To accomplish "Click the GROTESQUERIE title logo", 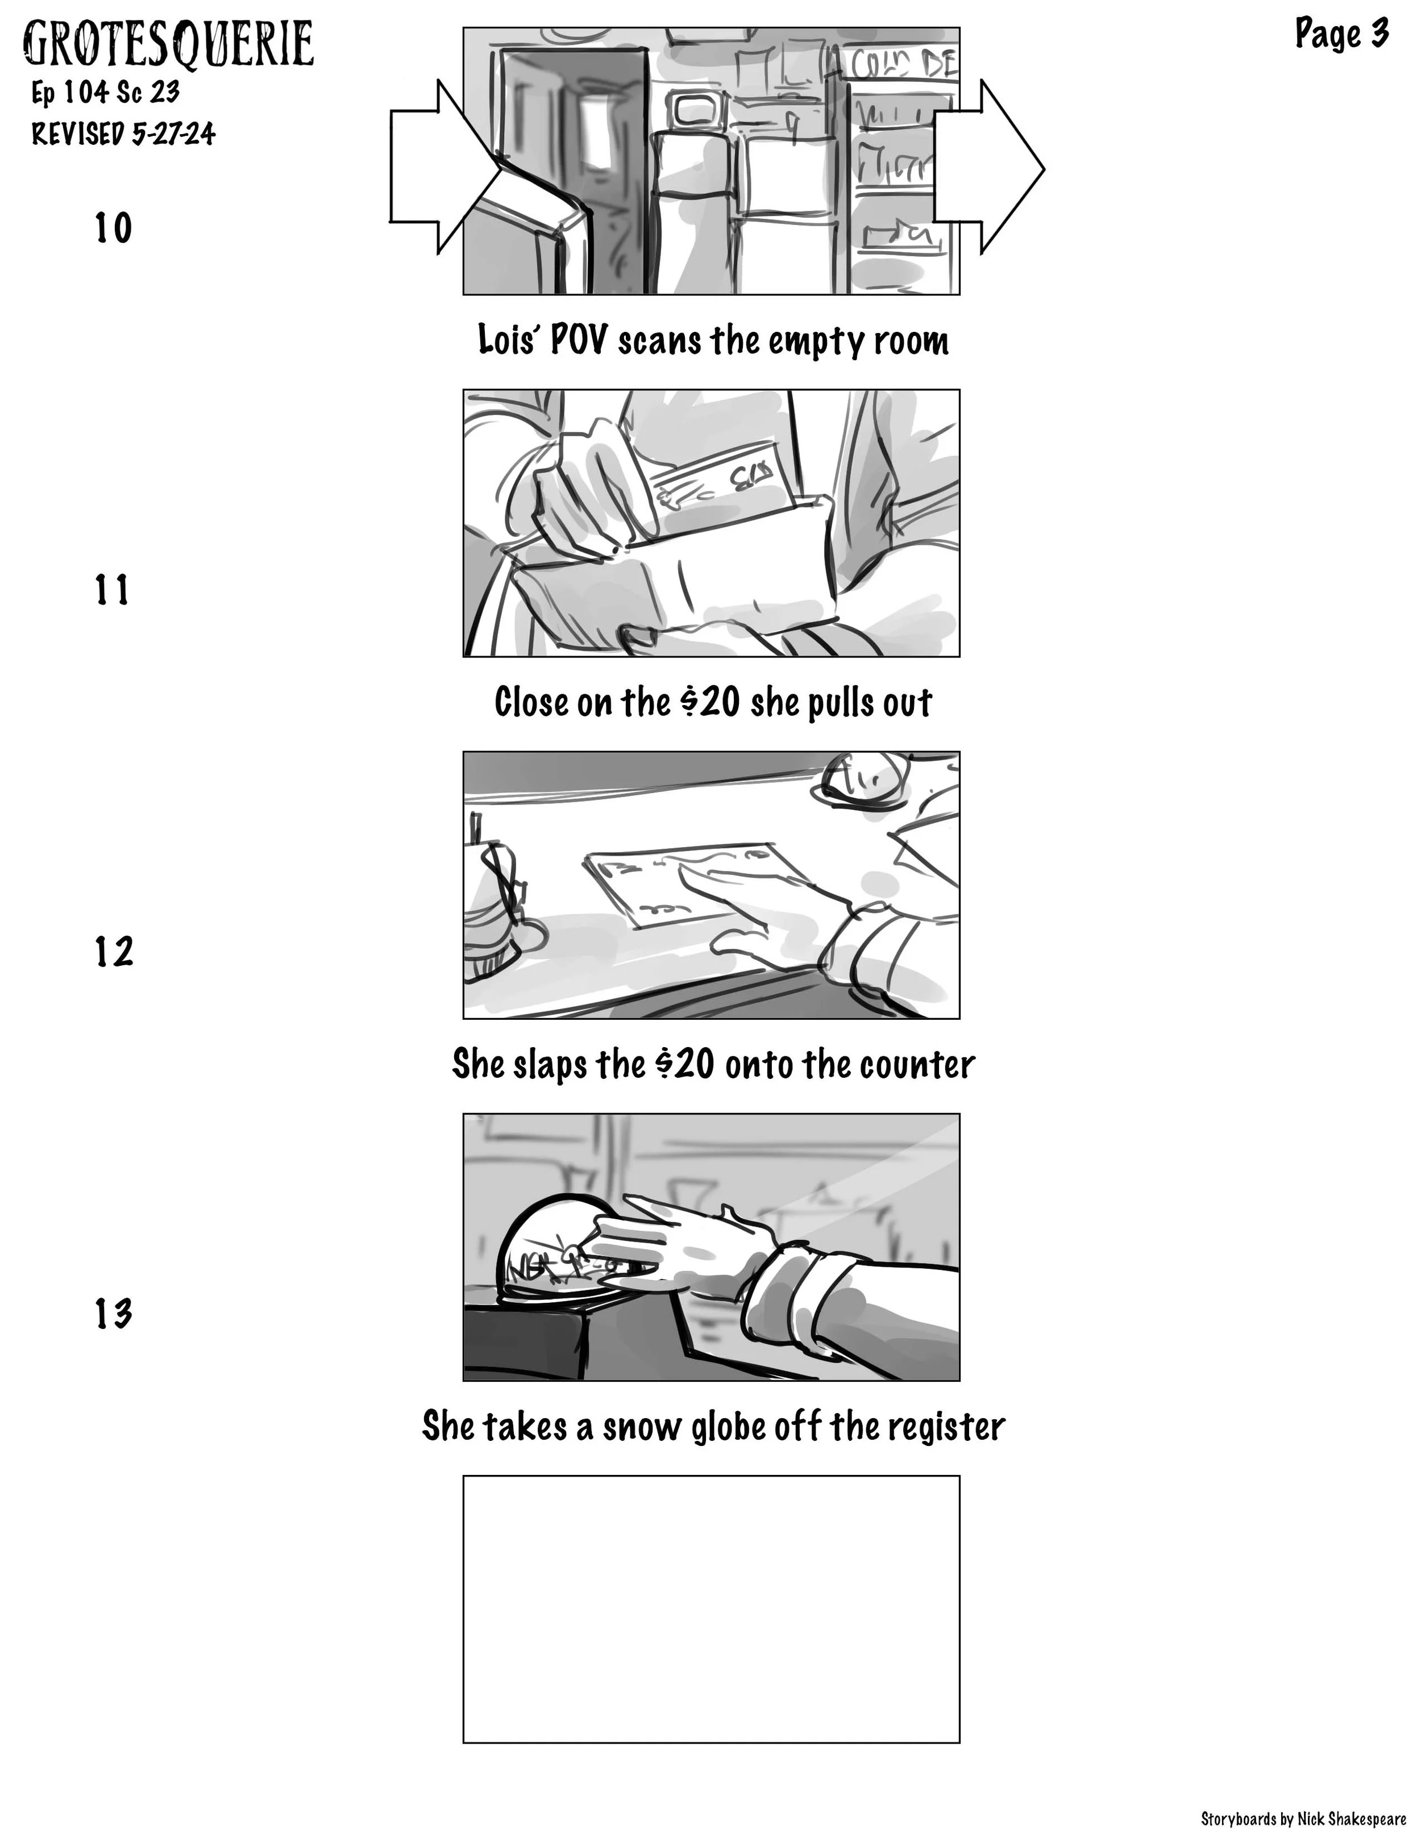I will [x=168, y=44].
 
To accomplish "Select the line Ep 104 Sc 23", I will [x=105, y=91].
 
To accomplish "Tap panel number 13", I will [x=113, y=1314].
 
